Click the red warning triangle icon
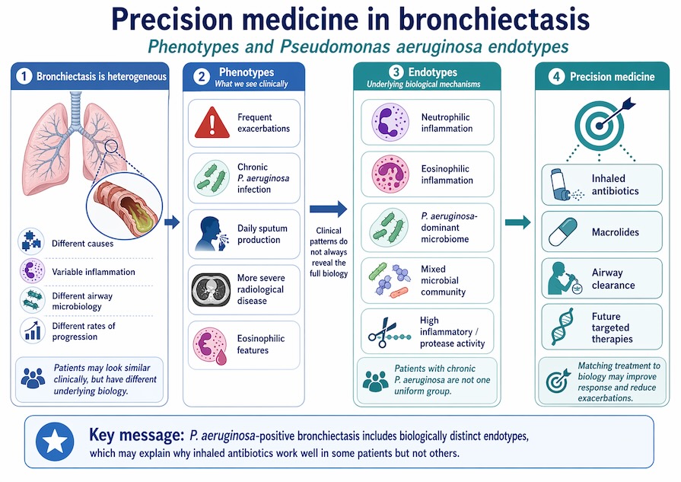[212, 123]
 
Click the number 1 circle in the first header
[24, 76]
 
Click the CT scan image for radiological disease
[212, 289]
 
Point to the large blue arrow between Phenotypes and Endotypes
[328, 208]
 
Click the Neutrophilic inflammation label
[447, 123]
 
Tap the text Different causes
[84, 244]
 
